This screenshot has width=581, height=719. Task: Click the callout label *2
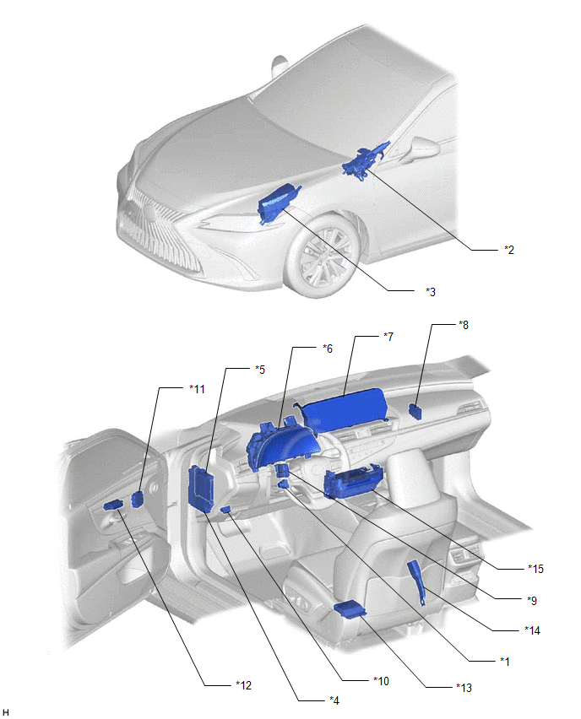click(508, 250)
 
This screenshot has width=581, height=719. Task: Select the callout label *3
click(430, 292)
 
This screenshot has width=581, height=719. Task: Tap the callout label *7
click(388, 337)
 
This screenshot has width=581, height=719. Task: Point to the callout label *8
click(463, 325)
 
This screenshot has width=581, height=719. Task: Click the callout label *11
click(197, 389)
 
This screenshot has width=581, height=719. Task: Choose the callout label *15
click(535, 569)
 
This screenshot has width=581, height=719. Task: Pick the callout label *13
click(464, 688)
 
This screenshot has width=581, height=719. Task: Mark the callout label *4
click(334, 700)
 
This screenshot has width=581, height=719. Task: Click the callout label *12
click(244, 685)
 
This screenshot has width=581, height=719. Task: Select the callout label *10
click(381, 681)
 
